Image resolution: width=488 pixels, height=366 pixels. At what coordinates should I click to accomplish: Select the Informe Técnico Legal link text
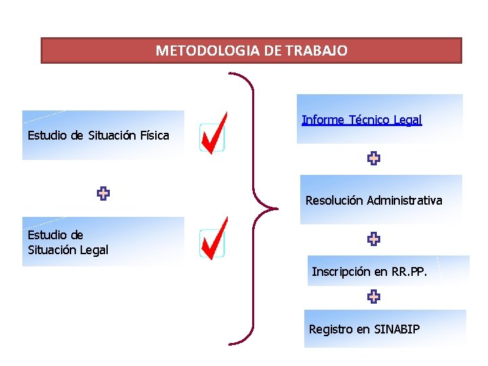(x=362, y=120)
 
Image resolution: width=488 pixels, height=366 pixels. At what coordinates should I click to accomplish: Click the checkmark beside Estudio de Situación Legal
(x=214, y=239)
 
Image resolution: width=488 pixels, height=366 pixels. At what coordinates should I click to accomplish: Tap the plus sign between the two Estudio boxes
(x=103, y=194)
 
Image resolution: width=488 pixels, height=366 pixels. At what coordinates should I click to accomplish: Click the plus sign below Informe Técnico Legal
(x=373, y=159)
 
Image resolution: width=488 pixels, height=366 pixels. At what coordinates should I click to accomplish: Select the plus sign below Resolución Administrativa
(x=373, y=239)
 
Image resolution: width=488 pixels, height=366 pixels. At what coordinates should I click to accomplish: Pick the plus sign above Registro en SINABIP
(x=373, y=296)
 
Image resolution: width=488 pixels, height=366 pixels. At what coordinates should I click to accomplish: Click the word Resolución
(x=334, y=201)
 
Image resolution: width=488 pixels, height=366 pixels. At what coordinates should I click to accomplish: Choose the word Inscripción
(x=341, y=272)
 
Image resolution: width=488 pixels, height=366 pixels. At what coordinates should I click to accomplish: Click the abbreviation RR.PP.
(x=409, y=272)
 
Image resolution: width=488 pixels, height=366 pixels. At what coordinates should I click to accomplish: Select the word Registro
(x=330, y=329)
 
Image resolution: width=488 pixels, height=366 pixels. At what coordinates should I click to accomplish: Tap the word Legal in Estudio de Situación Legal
(x=94, y=250)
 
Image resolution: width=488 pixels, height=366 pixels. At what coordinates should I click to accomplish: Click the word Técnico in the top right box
(x=371, y=120)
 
